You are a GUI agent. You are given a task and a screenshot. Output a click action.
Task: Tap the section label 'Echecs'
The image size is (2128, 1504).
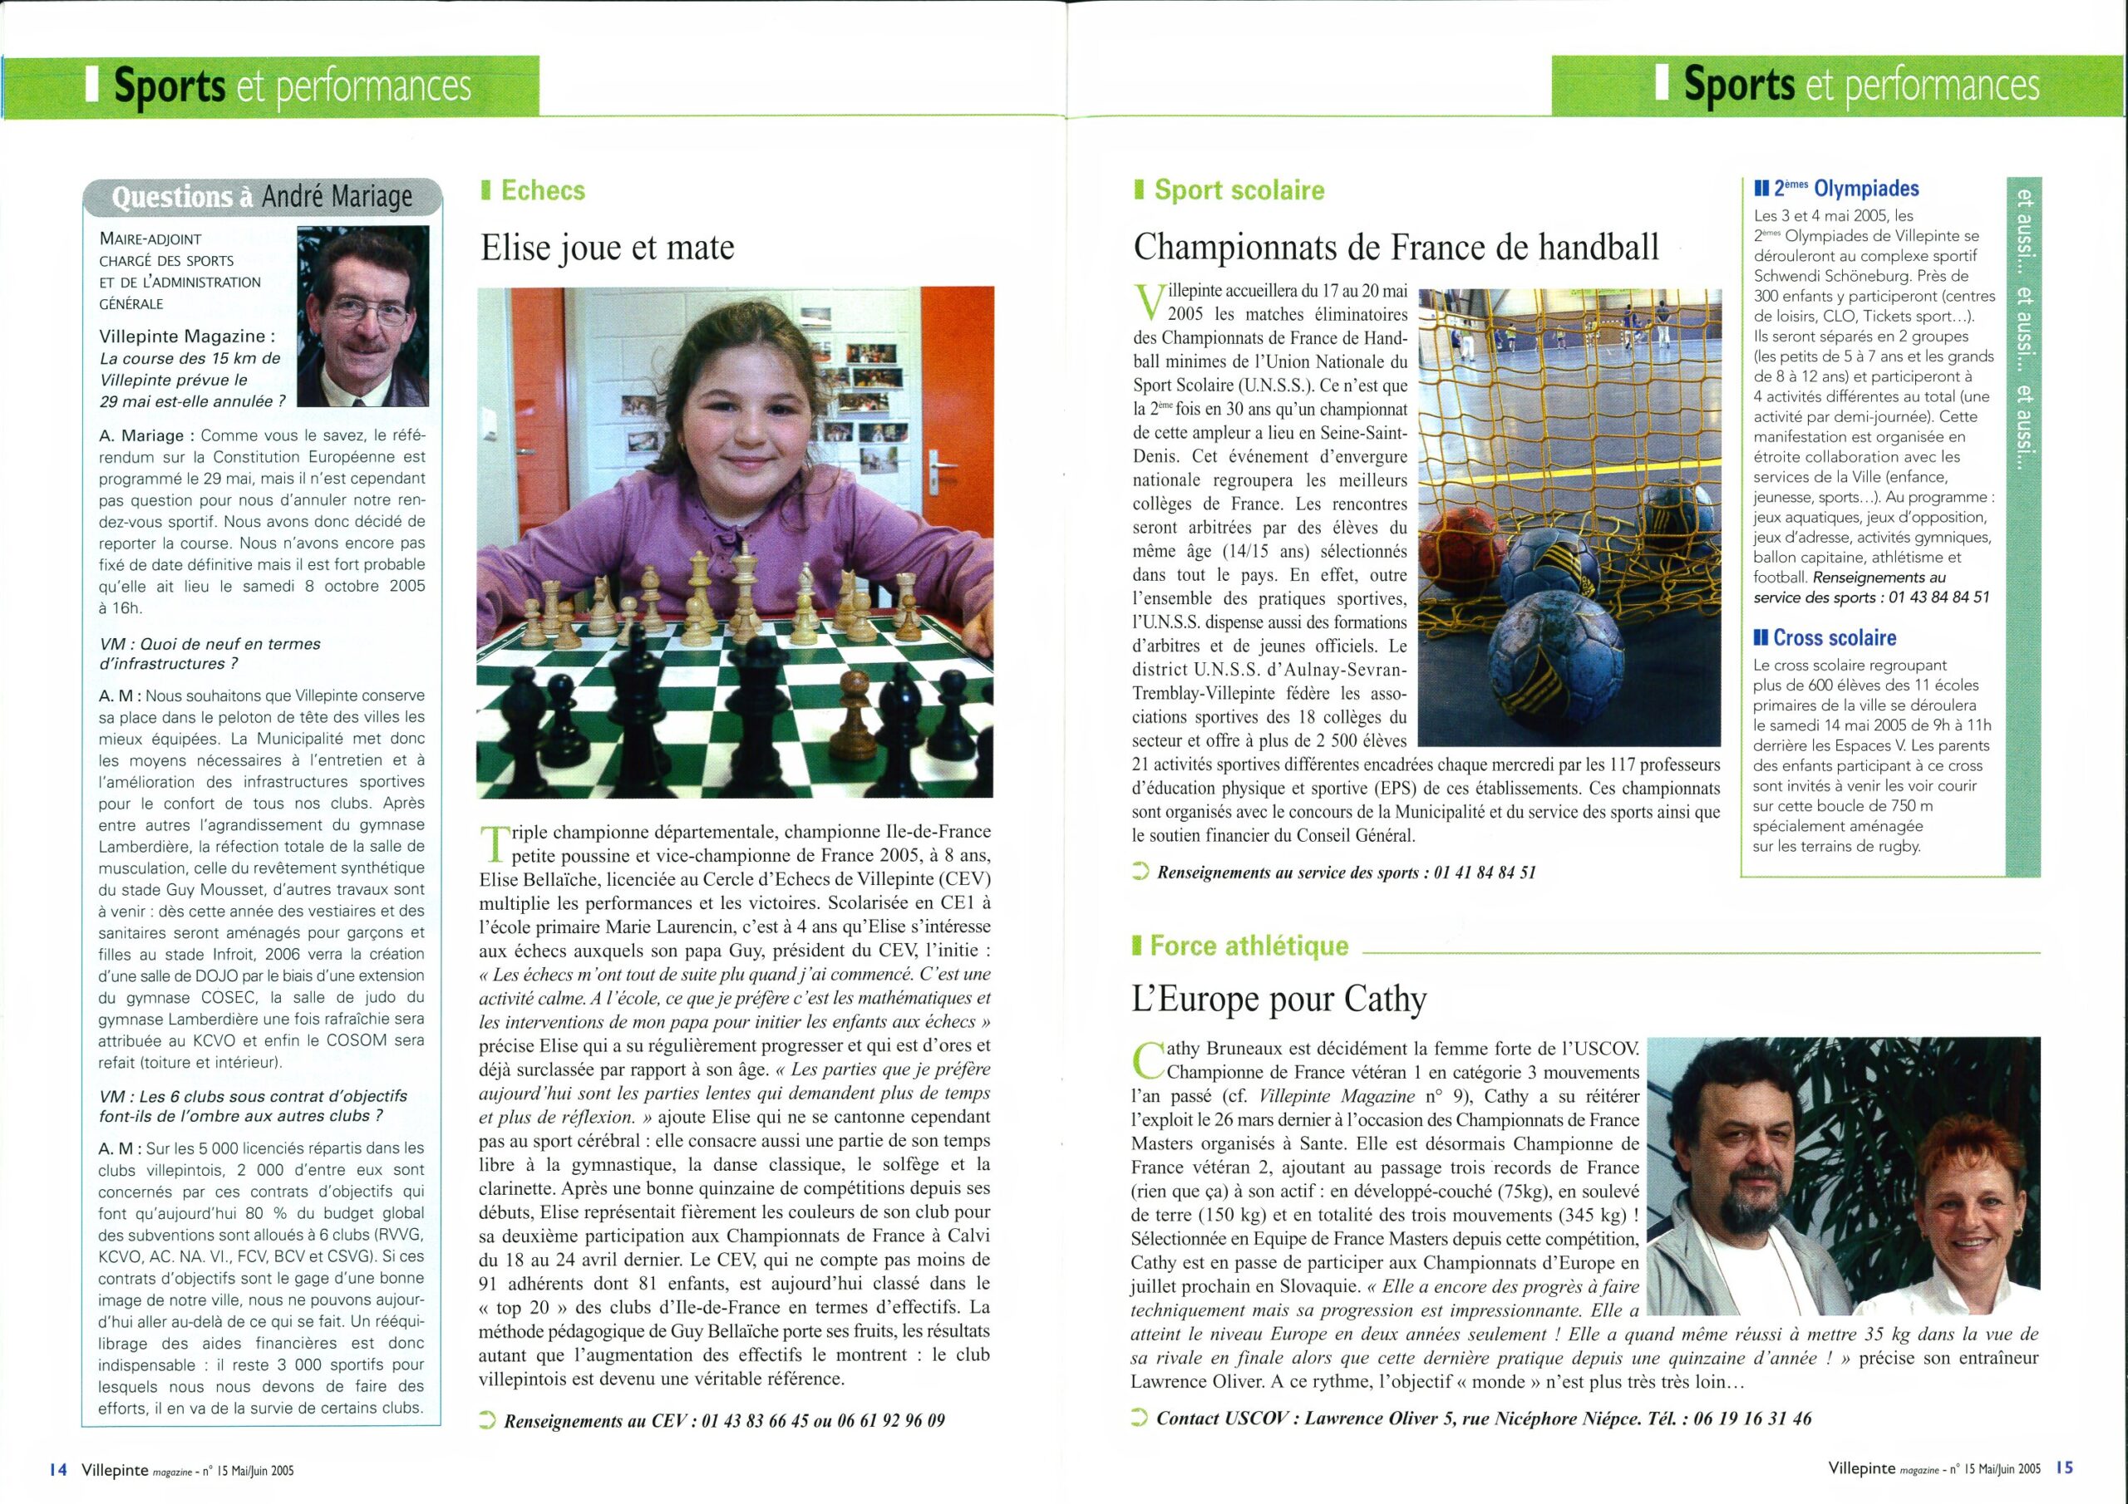[542, 191]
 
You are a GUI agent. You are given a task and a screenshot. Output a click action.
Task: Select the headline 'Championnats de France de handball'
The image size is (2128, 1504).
[1396, 248]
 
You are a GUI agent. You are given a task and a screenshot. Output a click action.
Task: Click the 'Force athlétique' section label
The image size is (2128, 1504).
[1249, 946]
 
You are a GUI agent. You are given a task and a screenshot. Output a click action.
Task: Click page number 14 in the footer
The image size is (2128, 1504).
[58, 1469]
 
